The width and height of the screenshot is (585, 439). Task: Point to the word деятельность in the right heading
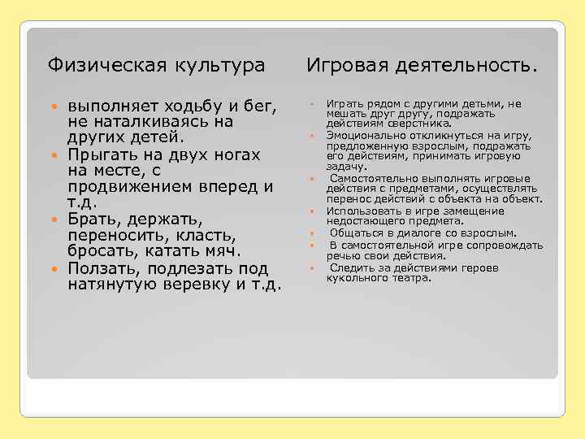pos(464,64)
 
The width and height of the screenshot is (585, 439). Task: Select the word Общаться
pos(354,233)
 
